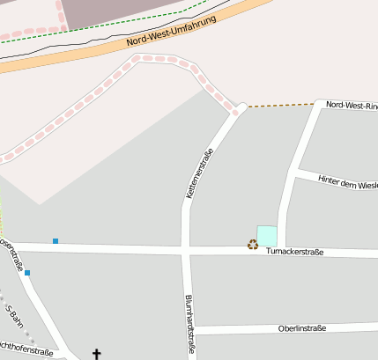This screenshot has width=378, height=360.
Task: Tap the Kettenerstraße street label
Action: click(200, 173)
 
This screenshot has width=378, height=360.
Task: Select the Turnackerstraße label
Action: click(294, 252)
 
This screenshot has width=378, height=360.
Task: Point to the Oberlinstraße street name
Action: click(301, 328)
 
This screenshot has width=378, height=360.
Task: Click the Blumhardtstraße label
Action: click(189, 324)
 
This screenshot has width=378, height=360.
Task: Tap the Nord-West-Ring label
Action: click(351, 105)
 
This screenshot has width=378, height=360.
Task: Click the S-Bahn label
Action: click(12, 315)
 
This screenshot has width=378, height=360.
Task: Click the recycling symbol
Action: click(253, 245)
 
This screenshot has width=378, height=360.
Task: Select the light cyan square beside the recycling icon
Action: click(267, 236)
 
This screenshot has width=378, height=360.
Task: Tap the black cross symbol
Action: click(97, 355)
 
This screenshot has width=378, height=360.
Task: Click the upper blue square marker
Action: click(56, 240)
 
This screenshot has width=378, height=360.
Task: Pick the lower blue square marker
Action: click(27, 273)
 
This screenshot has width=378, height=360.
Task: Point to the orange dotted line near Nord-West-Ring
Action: click(280, 105)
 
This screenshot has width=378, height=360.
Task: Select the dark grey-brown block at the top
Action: click(115, 11)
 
